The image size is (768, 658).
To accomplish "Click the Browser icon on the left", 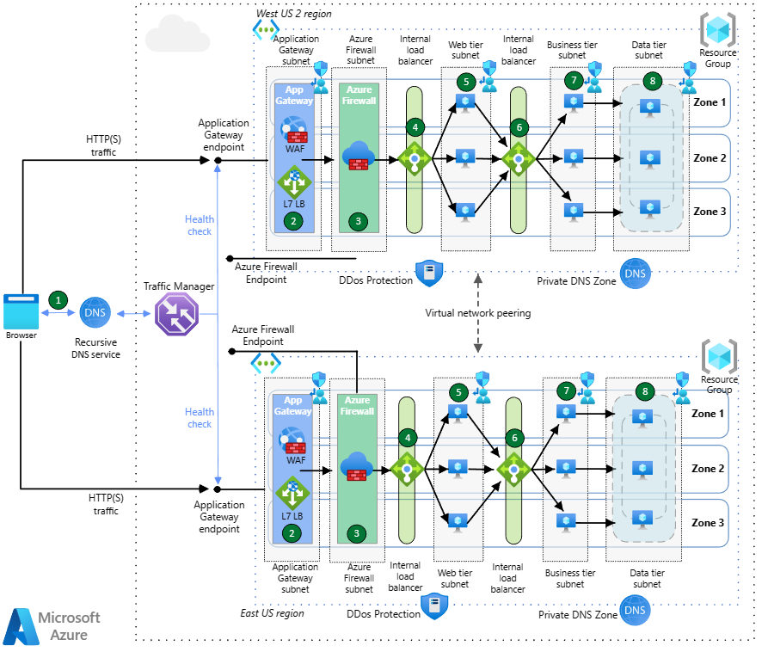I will click(x=21, y=311).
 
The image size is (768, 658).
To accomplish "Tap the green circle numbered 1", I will click(x=58, y=300).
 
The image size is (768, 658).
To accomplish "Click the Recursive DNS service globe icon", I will click(x=95, y=314).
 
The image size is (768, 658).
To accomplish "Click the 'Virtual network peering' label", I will click(x=478, y=313).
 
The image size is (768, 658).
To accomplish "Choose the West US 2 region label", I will click(x=293, y=15).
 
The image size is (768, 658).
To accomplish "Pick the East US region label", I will click(x=272, y=613).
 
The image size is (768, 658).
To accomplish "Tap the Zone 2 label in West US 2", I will click(x=710, y=158).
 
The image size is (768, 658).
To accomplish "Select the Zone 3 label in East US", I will click(x=708, y=522).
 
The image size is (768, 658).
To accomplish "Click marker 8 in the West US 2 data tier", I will click(x=653, y=81).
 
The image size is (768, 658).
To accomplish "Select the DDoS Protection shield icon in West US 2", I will click(x=428, y=273).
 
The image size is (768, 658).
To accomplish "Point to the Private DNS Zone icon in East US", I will click(x=635, y=612).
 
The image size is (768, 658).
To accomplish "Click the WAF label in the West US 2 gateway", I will click(x=295, y=148).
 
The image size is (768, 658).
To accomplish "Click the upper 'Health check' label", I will click(x=200, y=225).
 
